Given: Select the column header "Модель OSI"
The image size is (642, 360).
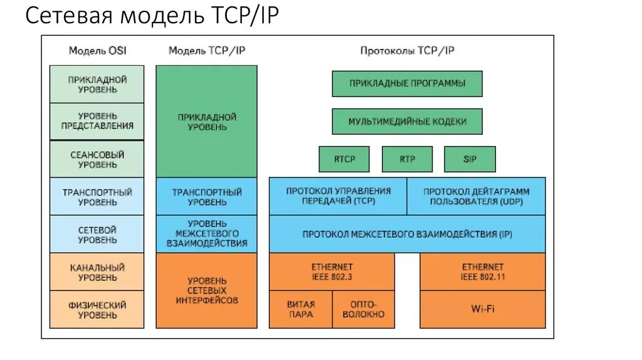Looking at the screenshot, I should (x=97, y=51).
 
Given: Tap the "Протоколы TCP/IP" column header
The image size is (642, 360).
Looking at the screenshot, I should (x=407, y=51).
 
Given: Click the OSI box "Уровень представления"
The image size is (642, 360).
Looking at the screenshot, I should (x=97, y=121).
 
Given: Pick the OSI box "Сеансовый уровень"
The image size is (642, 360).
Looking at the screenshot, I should (x=97, y=159).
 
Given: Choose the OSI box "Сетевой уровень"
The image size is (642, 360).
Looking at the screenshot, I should (x=97, y=235).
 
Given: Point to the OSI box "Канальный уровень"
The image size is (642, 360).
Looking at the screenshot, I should (x=97, y=272).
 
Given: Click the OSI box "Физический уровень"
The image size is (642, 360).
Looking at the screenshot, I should (x=97, y=310).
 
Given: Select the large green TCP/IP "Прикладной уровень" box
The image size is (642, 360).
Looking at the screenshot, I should (x=206, y=122).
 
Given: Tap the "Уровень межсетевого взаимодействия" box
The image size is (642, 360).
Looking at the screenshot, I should (x=206, y=234).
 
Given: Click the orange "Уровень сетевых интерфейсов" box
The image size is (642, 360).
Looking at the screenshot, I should (x=206, y=290).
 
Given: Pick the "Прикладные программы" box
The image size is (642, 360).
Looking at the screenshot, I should (x=407, y=83).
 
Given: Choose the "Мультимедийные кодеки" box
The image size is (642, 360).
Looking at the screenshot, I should (x=407, y=121).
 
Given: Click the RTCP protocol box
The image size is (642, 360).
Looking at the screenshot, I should (x=344, y=159).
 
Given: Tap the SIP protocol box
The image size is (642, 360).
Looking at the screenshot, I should (x=470, y=159).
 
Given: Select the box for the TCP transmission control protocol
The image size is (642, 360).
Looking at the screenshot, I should (x=338, y=196).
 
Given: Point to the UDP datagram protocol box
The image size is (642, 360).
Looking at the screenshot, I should (x=476, y=196).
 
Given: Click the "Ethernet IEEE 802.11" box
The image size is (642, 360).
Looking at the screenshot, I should (x=482, y=272).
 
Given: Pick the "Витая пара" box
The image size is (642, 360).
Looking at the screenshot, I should (x=301, y=309).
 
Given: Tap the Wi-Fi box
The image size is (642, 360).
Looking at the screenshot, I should (x=482, y=309).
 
